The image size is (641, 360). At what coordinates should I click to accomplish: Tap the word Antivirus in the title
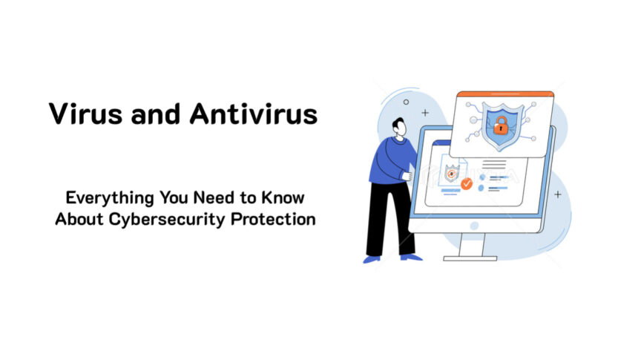pos(254,114)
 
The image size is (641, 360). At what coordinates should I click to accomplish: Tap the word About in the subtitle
pos(78,220)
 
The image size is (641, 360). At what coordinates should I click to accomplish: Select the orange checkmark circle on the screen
pos(466,183)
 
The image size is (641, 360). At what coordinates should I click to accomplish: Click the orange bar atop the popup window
pos(503,94)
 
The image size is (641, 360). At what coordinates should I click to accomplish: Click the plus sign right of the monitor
pos(558,194)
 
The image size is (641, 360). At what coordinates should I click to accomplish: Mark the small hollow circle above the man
pos(406,102)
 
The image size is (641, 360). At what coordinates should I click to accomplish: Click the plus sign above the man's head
pos(425,113)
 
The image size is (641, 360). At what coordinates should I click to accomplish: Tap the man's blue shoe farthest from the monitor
pos(370,259)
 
